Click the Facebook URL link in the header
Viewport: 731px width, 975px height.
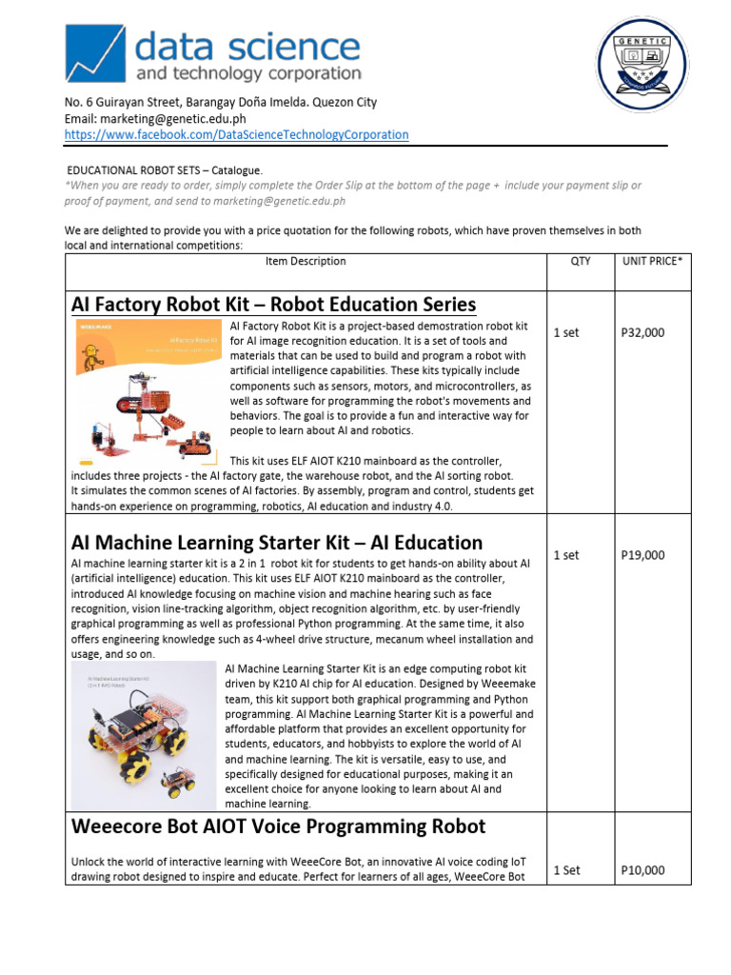(x=236, y=135)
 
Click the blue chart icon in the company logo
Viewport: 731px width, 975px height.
(x=94, y=54)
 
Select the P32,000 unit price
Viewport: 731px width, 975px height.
(x=642, y=333)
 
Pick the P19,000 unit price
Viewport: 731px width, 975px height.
(x=642, y=555)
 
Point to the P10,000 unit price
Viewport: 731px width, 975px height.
(x=642, y=869)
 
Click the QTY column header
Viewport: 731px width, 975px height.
(x=580, y=262)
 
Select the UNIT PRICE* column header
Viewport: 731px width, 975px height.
(x=651, y=262)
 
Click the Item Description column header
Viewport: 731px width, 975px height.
(x=305, y=262)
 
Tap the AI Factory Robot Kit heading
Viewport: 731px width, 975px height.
(x=273, y=305)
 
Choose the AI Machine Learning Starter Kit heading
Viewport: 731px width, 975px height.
(x=277, y=543)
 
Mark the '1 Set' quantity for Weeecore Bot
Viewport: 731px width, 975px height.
(x=566, y=869)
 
